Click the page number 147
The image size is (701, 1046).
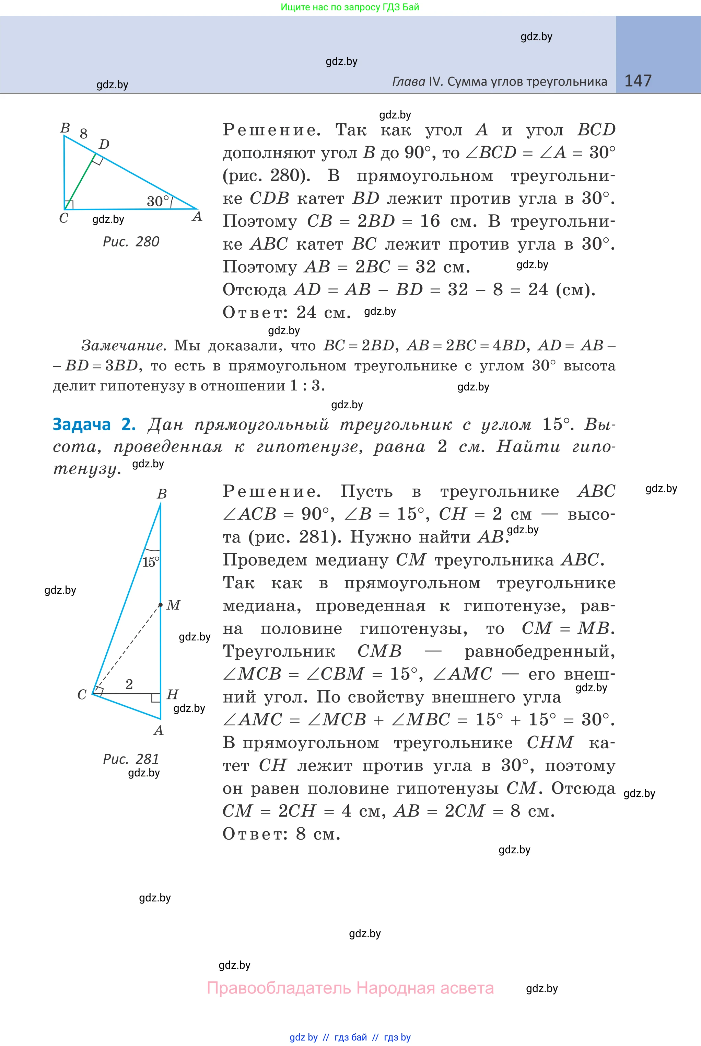pos(638,81)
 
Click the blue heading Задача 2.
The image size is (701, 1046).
pos(94,424)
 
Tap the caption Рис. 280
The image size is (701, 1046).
pos(131,242)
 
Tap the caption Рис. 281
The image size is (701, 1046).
pos(131,759)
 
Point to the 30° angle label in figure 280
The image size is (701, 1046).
pos(158,201)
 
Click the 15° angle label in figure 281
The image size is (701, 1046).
pos(151,562)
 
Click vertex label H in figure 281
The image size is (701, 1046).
pos(173,694)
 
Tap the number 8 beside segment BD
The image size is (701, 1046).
pos(84,133)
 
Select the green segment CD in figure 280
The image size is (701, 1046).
pos(80,182)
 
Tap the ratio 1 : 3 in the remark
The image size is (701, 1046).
pos(306,385)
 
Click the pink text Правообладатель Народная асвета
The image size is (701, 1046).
pos(350,988)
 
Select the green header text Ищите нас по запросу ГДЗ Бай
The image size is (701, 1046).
pos(350,7)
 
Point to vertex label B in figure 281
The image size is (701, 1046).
pos(162,494)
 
